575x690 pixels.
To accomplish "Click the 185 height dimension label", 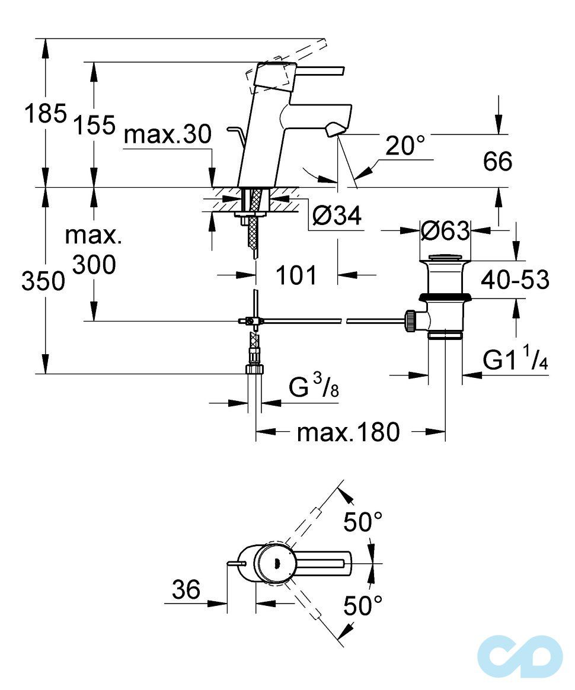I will click(44, 113).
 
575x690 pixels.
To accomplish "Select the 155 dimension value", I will click(94, 125).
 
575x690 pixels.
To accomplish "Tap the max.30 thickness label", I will click(168, 136).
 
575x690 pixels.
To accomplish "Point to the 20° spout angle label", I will click(405, 146).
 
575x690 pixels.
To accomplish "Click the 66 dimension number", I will click(497, 161).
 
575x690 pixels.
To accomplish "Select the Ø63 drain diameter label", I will click(444, 230).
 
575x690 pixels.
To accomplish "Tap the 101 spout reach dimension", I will click(296, 275).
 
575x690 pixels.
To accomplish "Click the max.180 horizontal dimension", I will click(349, 432).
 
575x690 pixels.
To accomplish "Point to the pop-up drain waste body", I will click(445, 296).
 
